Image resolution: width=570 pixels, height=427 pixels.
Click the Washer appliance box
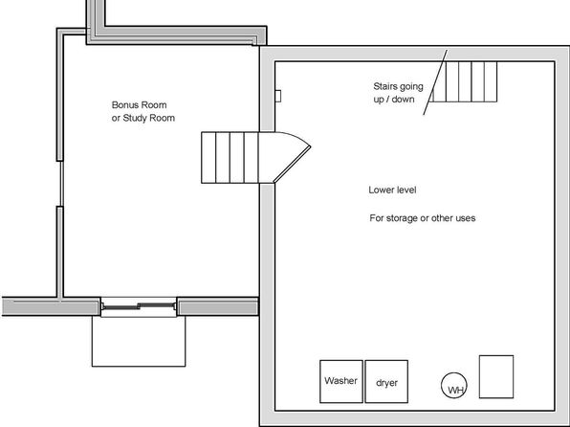click(341, 381)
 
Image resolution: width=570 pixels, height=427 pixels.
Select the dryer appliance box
click(386, 381)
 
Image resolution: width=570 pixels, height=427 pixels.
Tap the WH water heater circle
click(454, 386)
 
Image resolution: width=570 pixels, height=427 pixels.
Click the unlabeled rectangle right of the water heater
click(496, 377)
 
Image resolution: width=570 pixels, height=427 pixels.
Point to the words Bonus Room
click(140, 105)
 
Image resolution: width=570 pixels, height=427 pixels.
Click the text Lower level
click(392, 190)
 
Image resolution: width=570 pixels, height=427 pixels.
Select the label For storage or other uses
click(423, 218)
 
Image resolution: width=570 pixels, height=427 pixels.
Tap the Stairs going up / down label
click(398, 93)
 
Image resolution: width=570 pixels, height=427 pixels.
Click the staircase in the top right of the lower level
click(463, 81)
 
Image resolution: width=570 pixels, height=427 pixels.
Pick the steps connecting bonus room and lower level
click(230, 158)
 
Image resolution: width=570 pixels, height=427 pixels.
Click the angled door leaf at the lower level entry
click(292, 164)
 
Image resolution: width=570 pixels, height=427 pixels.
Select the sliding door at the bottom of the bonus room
click(139, 306)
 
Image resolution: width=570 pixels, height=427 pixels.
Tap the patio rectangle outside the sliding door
click(139, 342)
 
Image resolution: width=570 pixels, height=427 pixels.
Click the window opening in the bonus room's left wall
click(60, 184)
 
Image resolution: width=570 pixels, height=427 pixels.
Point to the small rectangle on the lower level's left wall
click(278, 96)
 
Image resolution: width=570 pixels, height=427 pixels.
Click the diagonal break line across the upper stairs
click(435, 82)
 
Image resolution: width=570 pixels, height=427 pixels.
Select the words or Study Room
click(143, 118)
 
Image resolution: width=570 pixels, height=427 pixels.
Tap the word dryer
click(386, 383)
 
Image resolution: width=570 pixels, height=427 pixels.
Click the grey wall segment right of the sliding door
click(218, 306)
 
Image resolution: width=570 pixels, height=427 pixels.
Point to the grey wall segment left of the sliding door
click(52, 306)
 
